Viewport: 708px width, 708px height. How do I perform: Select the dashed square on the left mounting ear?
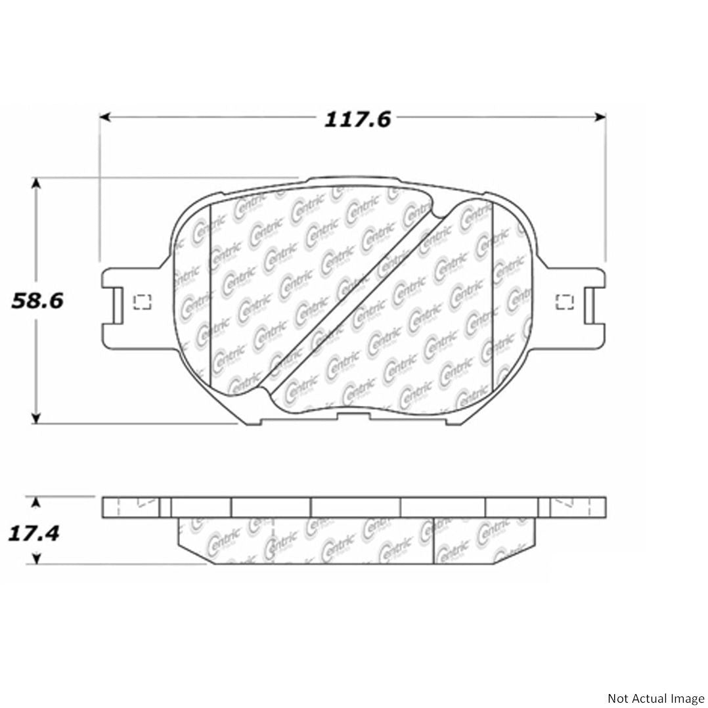(142, 301)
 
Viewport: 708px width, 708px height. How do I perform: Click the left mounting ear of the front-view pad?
(125, 302)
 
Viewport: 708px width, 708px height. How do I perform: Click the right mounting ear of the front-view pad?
(581, 302)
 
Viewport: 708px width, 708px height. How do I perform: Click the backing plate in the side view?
(355, 507)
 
